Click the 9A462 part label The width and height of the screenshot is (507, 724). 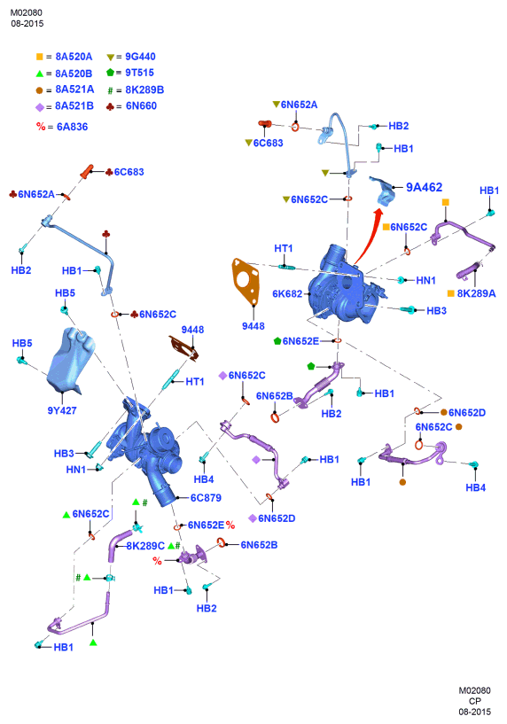[x=424, y=187]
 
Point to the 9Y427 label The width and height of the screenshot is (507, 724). [x=62, y=410]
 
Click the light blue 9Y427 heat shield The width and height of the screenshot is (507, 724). [x=70, y=360]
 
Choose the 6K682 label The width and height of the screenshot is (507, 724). [x=287, y=293]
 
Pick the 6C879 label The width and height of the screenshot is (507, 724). [x=206, y=498]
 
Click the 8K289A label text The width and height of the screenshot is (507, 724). [x=476, y=293]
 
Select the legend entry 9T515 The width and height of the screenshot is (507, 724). [x=139, y=73]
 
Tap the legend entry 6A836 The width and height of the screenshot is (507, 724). [x=72, y=127]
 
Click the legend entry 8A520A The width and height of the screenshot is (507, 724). [x=74, y=57]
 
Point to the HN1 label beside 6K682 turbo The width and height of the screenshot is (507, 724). [x=425, y=280]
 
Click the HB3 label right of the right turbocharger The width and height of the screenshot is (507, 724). [x=436, y=311]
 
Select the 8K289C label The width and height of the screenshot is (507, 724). [x=145, y=546]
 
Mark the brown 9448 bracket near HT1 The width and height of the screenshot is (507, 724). [x=184, y=346]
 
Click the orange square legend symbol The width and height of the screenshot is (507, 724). [x=40, y=57]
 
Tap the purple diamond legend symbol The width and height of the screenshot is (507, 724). [x=40, y=107]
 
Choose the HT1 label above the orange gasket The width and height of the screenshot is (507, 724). [x=283, y=248]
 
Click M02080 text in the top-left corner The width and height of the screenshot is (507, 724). [x=27, y=13]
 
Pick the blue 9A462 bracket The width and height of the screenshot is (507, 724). [x=383, y=191]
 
